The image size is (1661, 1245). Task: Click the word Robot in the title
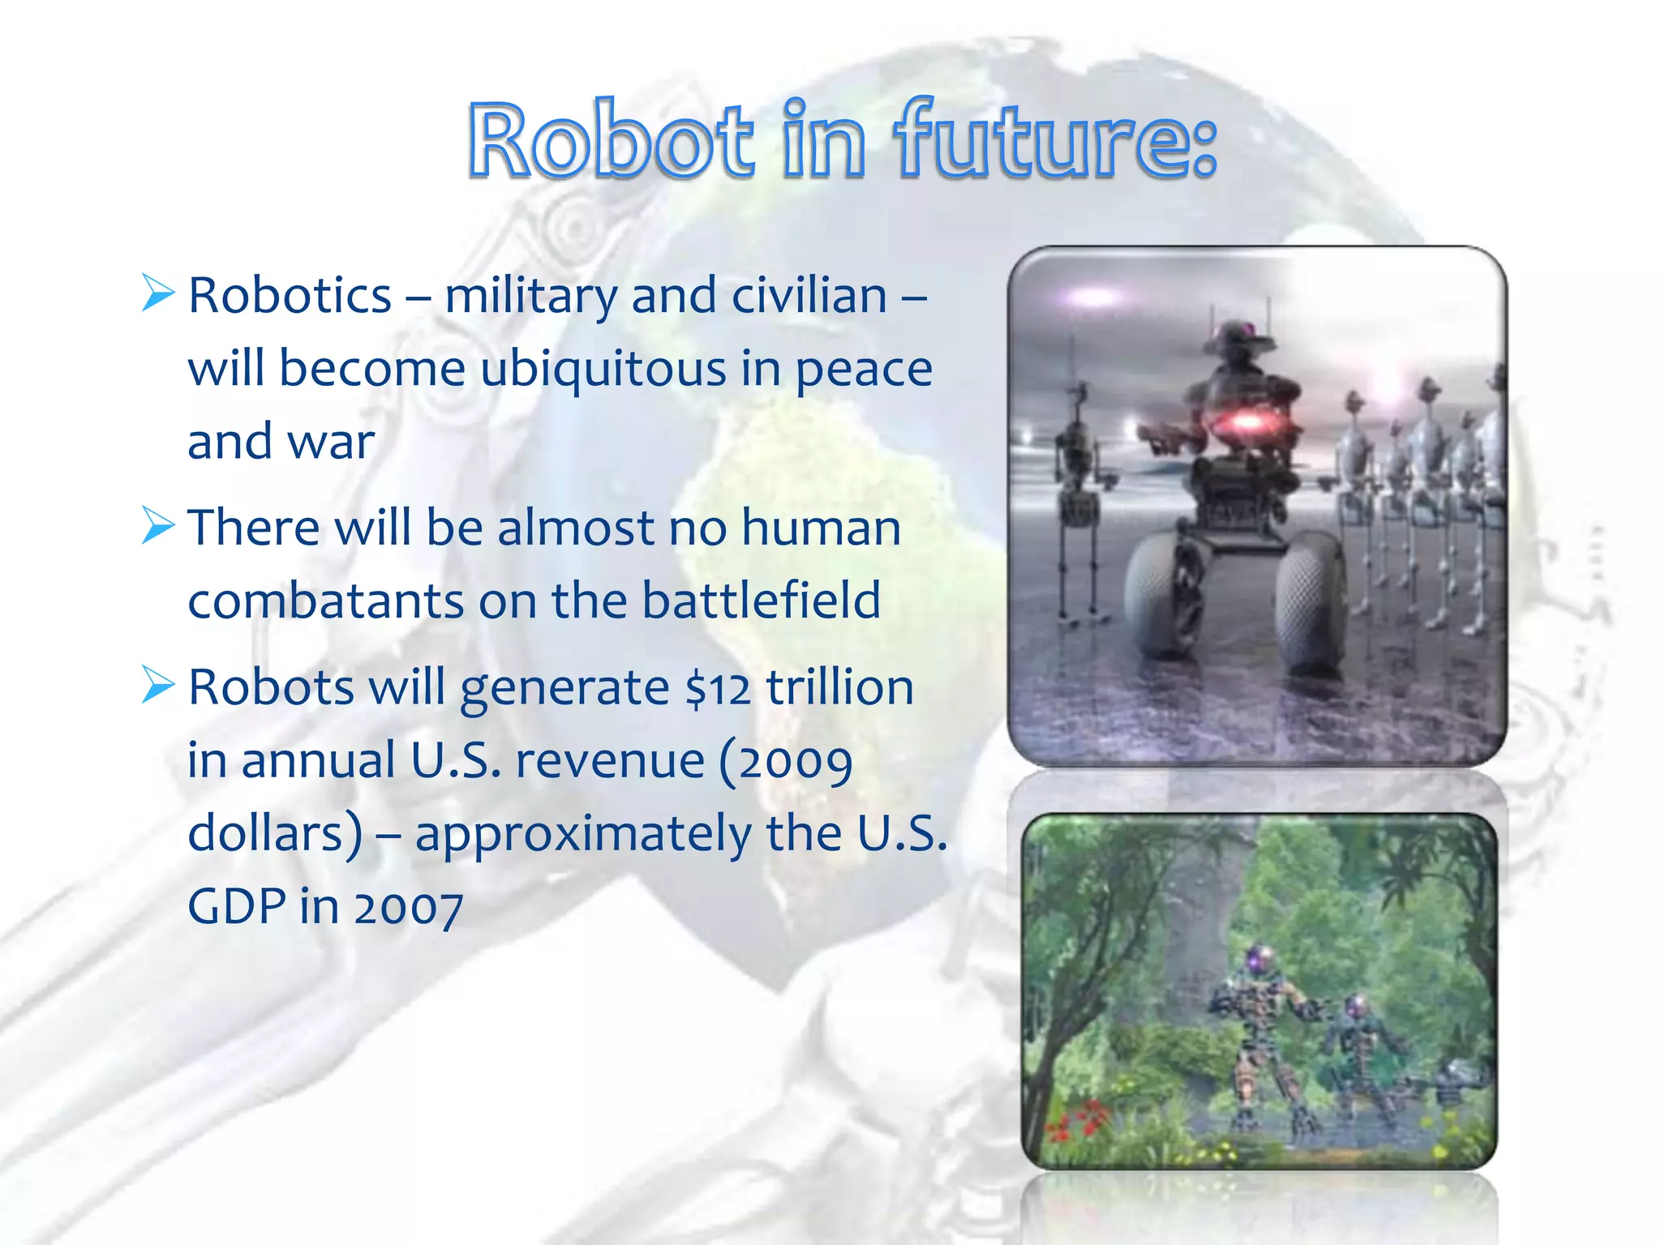610,139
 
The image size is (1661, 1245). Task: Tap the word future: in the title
1054,139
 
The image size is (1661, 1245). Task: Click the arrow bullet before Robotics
157,293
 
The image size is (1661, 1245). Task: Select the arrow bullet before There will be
157,525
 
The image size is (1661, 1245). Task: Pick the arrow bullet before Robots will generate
157,685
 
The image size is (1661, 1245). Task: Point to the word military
531,296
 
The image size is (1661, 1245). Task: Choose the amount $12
717,689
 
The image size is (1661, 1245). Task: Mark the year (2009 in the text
785,762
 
